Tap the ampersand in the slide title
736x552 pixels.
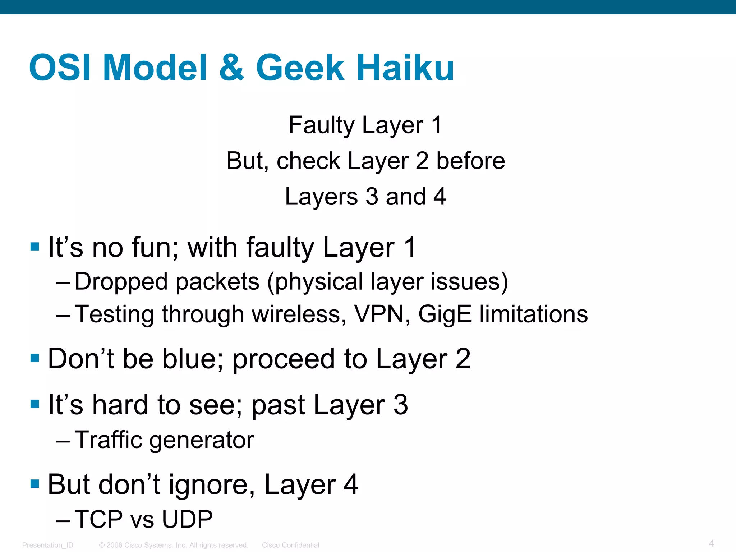[x=231, y=68]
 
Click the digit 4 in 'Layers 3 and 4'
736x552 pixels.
[x=440, y=197]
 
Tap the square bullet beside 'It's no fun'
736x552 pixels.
[x=35, y=247]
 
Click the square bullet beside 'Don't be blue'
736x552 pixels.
[x=35, y=358]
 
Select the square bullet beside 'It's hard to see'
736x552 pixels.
[x=35, y=404]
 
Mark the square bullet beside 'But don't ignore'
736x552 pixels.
[x=35, y=483]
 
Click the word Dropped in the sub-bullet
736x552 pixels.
[x=121, y=281]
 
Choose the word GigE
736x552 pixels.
[x=445, y=314]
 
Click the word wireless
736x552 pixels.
[x=296, y=314]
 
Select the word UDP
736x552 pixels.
[x=187, y=519]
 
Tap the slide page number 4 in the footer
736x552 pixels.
[x=711, y=543]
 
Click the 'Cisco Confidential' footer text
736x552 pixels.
[x=290, y=545]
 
